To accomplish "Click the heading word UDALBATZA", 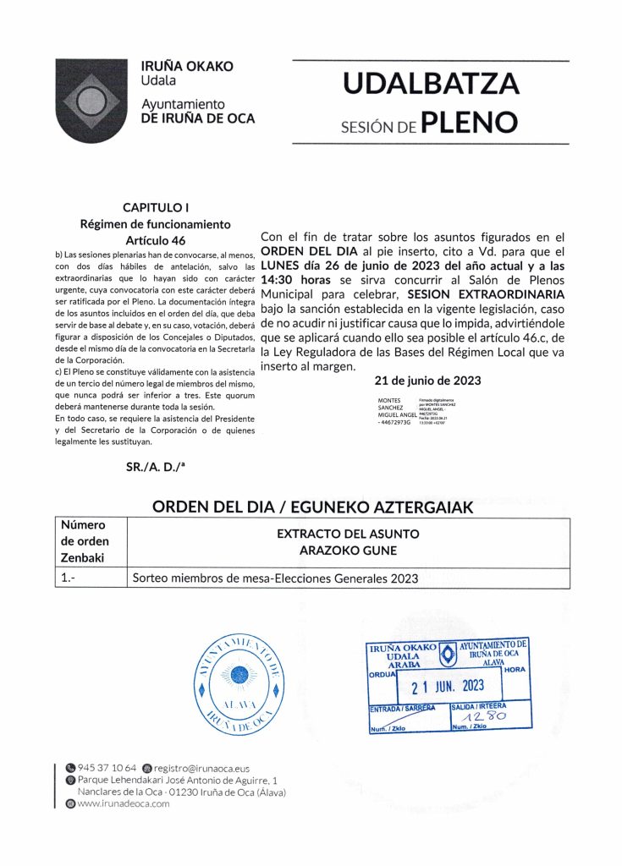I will pyautogui.click(x=431, y=85).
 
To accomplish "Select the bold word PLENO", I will pyautogui.click(x=469, y=124).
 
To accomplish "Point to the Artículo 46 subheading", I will pyautogui.click(x=155, y=240).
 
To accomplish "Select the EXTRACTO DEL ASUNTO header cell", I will pyautogui.click(x=348, y=542).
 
